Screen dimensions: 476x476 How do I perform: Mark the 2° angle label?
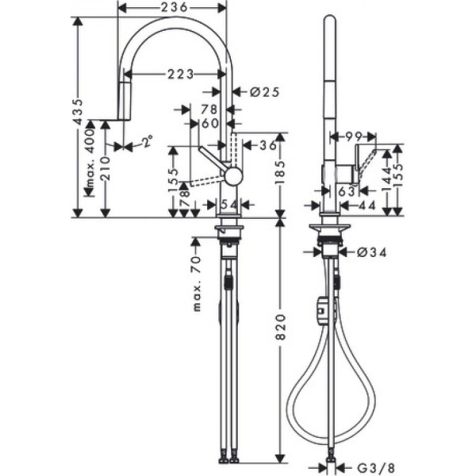148,143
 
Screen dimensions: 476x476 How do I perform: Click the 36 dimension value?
268,144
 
